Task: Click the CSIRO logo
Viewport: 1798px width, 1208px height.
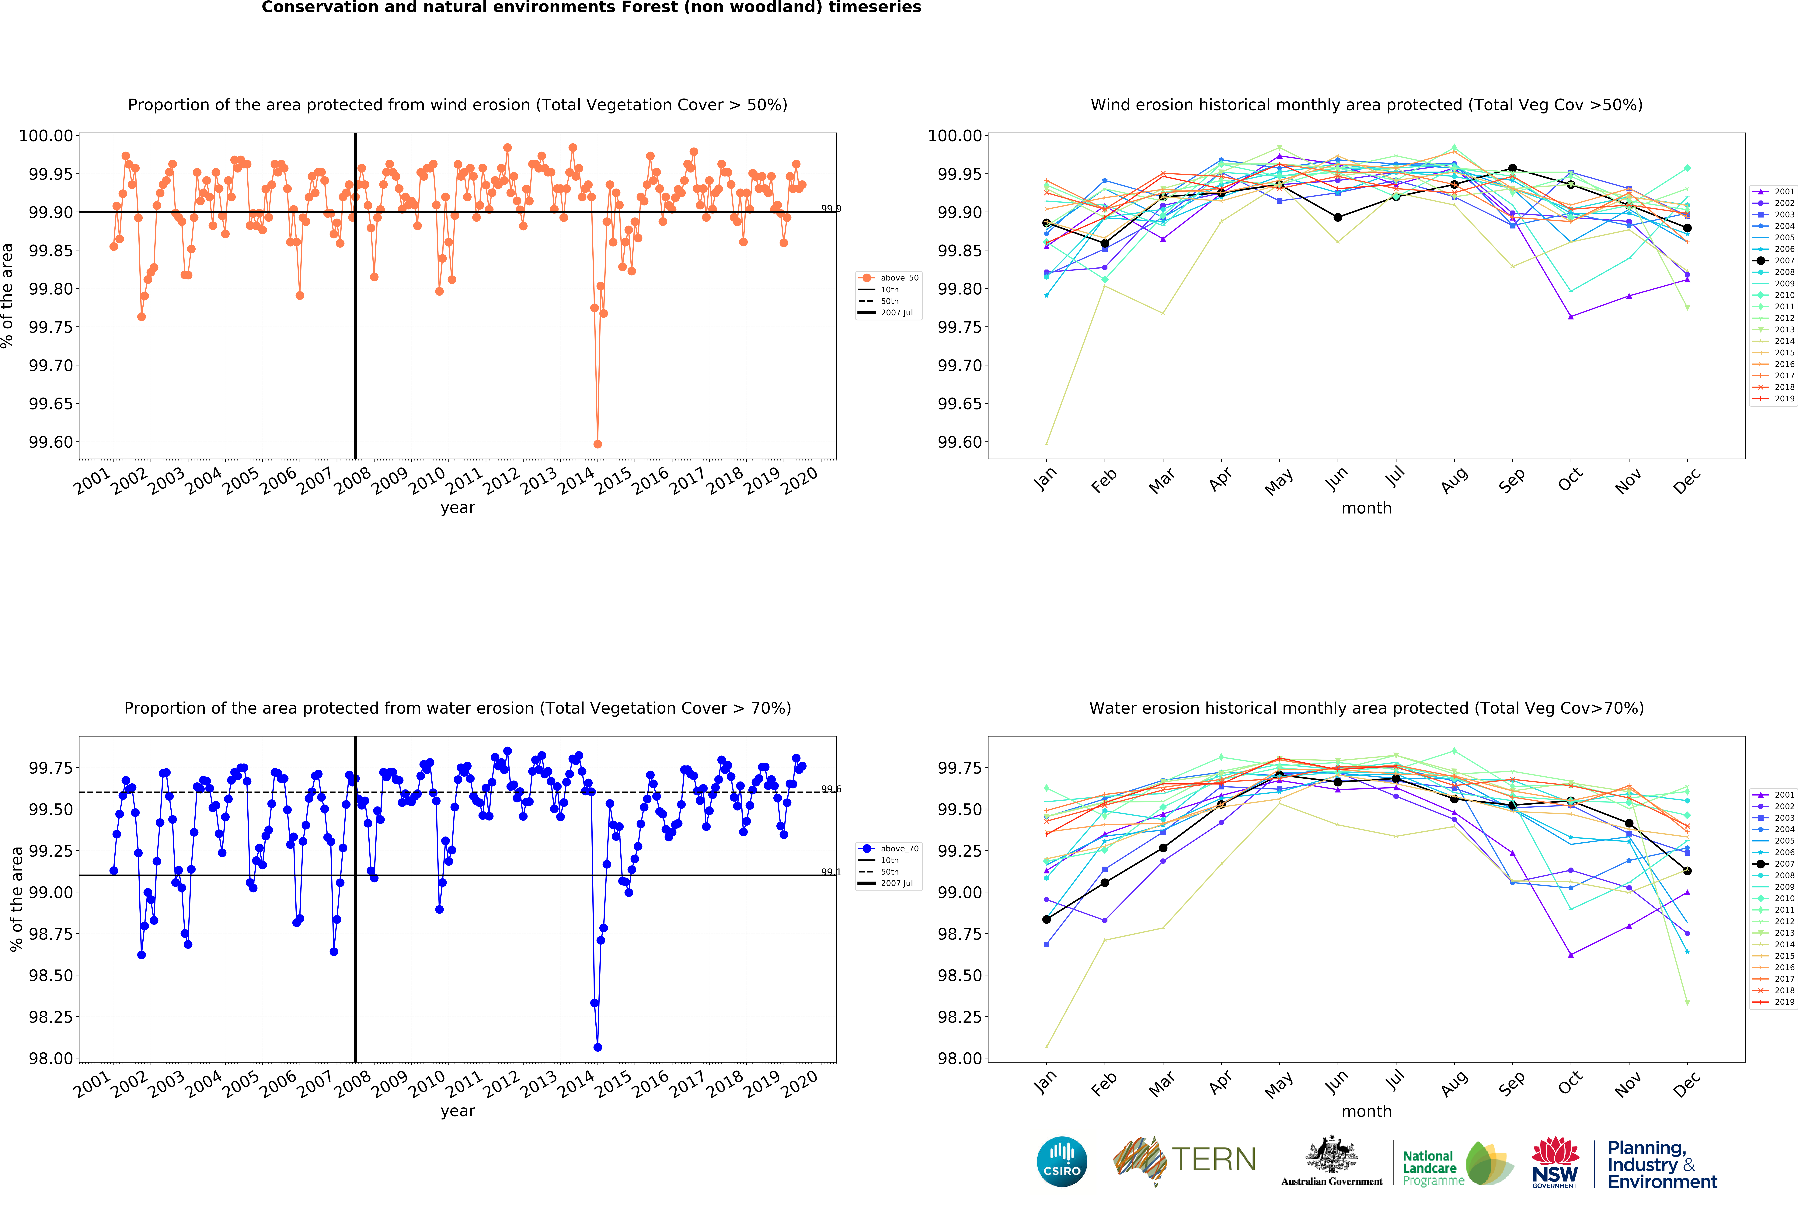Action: (x=1061, y=1161)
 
